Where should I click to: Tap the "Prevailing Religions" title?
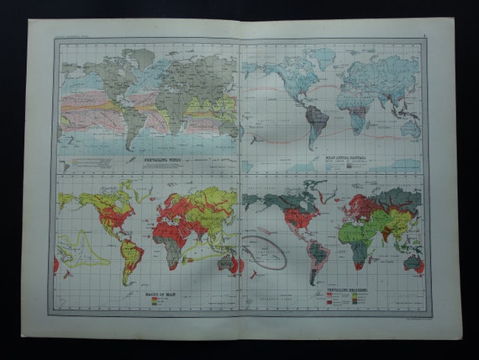point(348,287)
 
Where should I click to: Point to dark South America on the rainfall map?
point(314,122)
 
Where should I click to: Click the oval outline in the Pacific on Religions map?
point(264,251)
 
